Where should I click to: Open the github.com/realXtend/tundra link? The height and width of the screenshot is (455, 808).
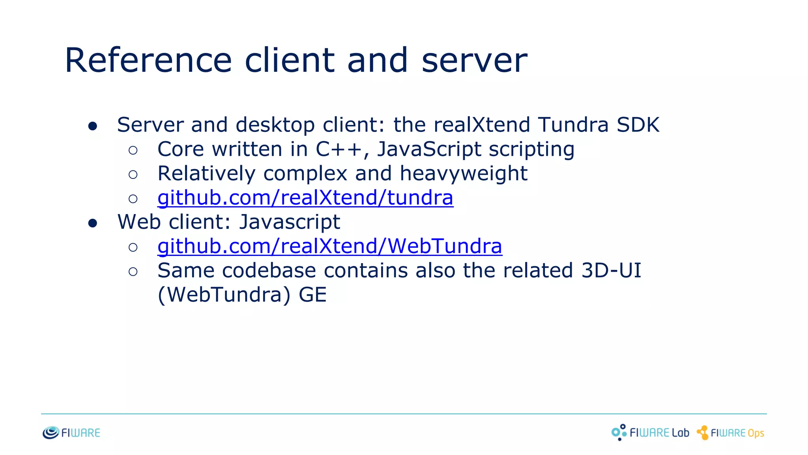tap(305, 197)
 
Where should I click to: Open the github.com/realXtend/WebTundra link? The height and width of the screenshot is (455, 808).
tap(330, 246)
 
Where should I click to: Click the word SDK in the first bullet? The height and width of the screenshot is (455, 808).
tap(638, 125)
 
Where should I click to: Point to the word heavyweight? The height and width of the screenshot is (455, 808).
tap(464, 173)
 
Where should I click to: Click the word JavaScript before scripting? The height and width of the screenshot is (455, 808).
tap(429, 149)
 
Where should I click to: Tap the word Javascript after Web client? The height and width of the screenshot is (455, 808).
tap(290, 222)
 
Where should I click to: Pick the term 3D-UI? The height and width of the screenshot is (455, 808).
tap(611, 271)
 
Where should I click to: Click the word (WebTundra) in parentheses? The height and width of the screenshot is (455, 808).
tap(224, 295)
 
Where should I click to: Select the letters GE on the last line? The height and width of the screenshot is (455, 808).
tap(312, 295)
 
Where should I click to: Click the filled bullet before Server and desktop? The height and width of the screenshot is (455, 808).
tap(93, 126)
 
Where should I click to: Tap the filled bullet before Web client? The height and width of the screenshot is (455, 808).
tap(93, 223)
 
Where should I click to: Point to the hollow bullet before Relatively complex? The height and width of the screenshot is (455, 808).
tap(133, 175)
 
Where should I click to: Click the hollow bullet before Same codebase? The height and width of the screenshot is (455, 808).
tap(133, 272)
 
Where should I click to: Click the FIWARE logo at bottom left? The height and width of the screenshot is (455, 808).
tap(71, 433)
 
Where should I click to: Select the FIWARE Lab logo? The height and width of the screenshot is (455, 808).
tap(650, 432)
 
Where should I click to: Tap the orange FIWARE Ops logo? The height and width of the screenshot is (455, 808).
tap(730, 433)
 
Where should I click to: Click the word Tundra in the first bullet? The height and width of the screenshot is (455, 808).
tap(573, 125)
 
